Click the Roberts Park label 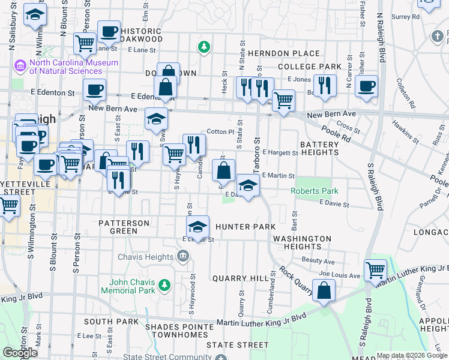[315, 191]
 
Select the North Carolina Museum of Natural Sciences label [74, 67]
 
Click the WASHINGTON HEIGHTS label [302, 242]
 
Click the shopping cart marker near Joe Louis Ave [376, 270]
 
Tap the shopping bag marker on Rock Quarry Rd [324, 291]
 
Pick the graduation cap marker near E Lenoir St [197, 227]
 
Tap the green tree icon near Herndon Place [204, 46]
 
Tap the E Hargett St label [280, 153]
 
